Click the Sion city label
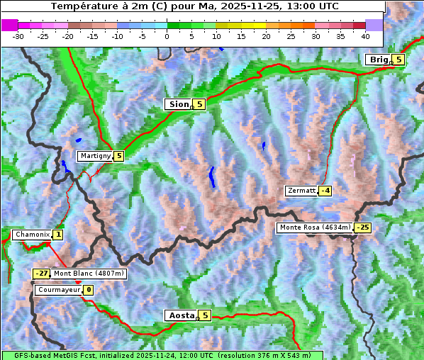tap(178, 104)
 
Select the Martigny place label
tap(95, 156)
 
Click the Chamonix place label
tap(32, 235)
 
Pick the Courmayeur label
tap(58, 290)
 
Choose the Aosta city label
tap(180, 315)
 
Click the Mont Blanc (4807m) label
tap(89, 274)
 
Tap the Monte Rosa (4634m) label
tap(315, 227)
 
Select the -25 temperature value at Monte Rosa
tap(362, 227)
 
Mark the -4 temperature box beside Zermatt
tap(325, 191)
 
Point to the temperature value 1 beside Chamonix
tap(57, 235)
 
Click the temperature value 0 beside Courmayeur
tap(88, 290)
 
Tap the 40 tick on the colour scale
tap(365, 35)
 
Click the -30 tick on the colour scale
tap(18, 35)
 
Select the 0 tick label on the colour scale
tap(167, 35)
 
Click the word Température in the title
tap(83, 6)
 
